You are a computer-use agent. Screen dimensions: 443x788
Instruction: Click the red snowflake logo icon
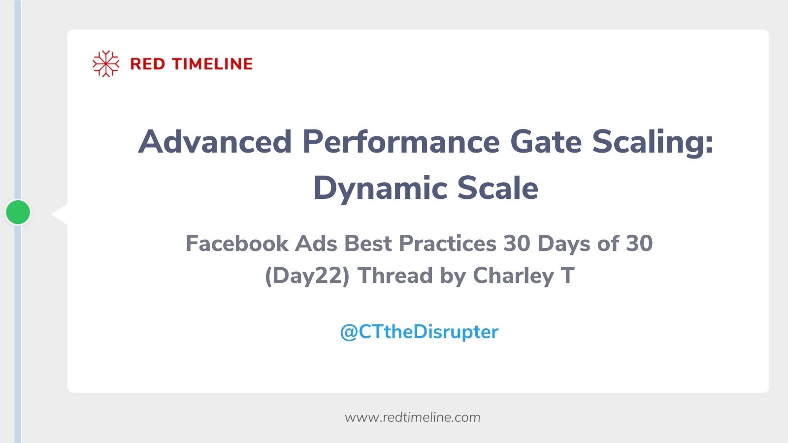tap(106, 63)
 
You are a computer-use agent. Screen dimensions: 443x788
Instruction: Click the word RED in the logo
tap(147, 64)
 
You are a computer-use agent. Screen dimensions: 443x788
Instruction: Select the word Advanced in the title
tap(215, 142)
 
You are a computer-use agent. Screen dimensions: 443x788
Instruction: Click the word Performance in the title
tap(401, 142)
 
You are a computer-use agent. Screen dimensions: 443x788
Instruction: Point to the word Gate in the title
tap(546, 142)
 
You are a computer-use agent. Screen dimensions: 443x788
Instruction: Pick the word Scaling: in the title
tap(653, 142)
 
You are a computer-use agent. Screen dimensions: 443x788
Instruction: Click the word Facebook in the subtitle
tap(237, 243)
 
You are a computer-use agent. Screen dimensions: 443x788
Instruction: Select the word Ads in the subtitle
tap(316, 243)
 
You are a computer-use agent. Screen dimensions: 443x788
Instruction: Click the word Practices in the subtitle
tap(447, 243)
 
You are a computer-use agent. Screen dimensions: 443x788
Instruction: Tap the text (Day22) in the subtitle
tap(307, 276)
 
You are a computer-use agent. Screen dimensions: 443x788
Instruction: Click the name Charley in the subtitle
tap(513, 276)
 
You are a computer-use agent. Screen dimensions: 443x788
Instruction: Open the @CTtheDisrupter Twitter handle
tap(419, 332)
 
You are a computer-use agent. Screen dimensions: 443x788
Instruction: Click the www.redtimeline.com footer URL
tap(412, 417)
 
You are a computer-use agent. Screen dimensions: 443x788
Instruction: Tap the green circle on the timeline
tap(18, 212)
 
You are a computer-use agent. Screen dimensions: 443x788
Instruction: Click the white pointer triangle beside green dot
tap(61, 214)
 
